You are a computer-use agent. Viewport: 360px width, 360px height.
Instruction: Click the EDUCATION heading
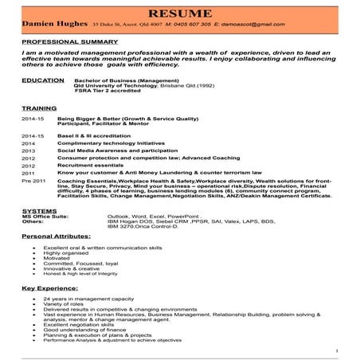click(40, 81)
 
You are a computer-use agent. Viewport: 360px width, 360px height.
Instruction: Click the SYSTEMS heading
click(36, 210)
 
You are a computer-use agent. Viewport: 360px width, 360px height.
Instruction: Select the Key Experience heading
click(46, 287)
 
